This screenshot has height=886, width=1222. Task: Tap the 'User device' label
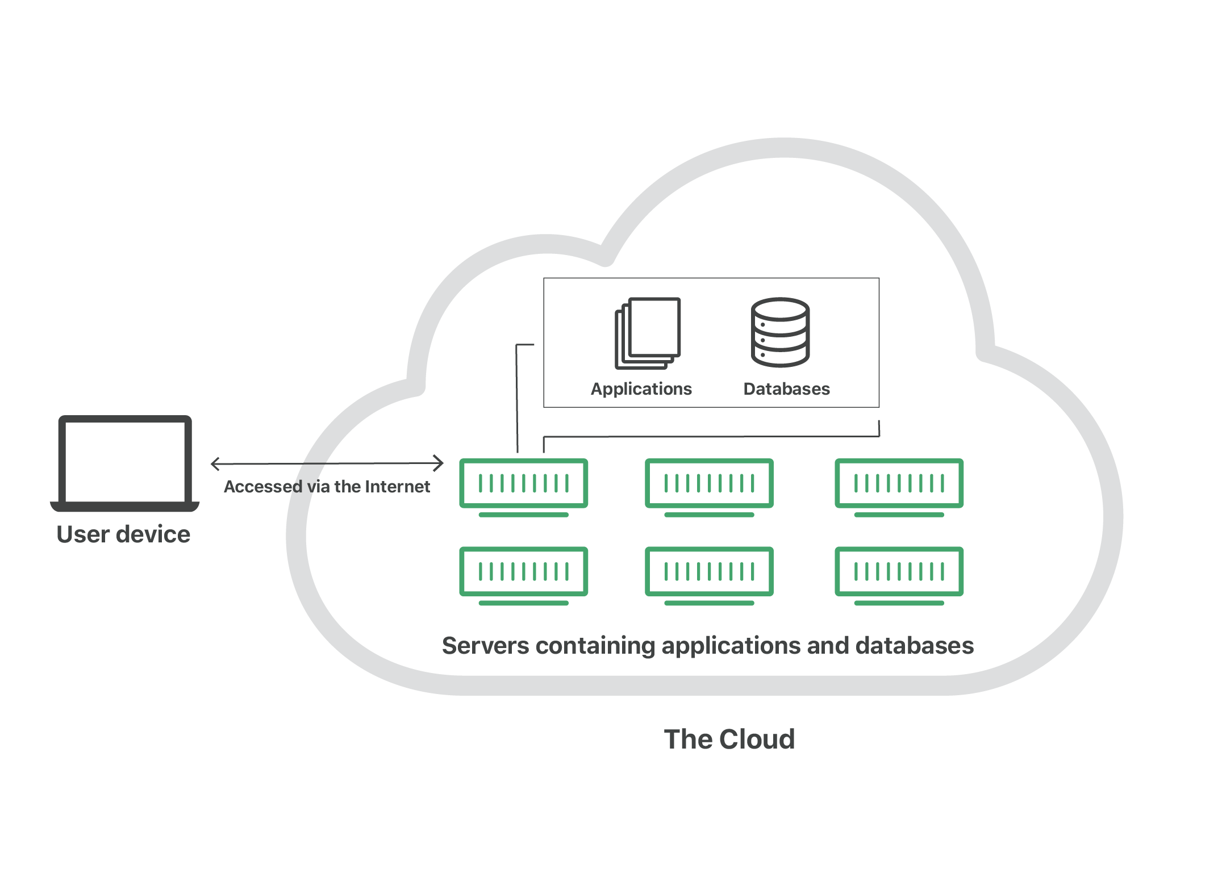(x=123, y=534)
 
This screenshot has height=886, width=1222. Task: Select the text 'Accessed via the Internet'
(x=327, y=487)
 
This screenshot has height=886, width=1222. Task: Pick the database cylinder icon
(x=781, y=333)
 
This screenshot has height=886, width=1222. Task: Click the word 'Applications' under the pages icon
(x=641, y=389)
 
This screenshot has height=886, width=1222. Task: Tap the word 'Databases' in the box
(x=787, y=389)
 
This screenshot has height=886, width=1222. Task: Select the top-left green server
(x=523, y=484)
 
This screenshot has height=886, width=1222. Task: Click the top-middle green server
(x=709, y=484)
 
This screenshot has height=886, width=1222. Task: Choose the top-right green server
(x=899, y=484)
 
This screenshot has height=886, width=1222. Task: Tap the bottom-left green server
(x=523, y=572)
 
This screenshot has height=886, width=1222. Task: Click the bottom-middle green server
(x=709, y=572)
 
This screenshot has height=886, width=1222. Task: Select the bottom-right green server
(x=899, y=572)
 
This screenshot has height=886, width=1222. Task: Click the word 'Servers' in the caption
(x=485, y=646)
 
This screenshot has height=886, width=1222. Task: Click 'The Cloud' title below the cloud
(x=729, y=739)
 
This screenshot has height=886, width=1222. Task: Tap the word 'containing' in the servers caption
(x=595, y=646)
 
